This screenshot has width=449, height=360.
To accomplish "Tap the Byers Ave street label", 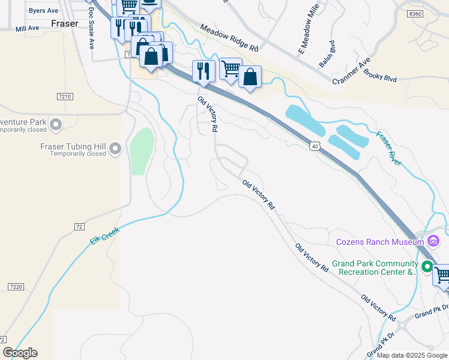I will pos(43,11).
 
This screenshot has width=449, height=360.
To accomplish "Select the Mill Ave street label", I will pos(27,28).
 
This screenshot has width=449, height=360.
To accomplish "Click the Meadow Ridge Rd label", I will pos(229,37).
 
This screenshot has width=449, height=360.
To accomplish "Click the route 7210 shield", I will pos(65,97).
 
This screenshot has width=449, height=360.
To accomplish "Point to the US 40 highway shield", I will pos(315,146).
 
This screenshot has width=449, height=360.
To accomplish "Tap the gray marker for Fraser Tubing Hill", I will pos(116,148).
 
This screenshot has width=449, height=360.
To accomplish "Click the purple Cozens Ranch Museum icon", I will pos(433,242).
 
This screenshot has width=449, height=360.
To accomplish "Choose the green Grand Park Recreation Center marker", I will pos(427,267).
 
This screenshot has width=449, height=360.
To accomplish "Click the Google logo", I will pos(20,353).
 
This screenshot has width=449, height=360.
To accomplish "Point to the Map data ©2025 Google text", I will pos(412,355).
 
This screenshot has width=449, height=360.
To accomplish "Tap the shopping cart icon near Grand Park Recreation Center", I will pos(442,275).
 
